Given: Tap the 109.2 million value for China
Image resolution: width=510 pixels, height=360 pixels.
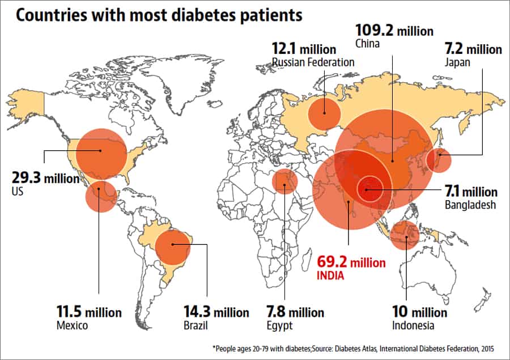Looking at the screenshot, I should click(x=394, y=31).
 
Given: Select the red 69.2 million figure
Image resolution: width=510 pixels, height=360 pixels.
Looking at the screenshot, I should click(x=351, y=263).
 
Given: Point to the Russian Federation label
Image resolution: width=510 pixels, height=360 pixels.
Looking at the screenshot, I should click(x=313, y=62).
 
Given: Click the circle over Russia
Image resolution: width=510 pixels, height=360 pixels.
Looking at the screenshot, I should click(x=324, y=114).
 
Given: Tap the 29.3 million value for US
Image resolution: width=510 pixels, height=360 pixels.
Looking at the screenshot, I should click(x=45, y=178).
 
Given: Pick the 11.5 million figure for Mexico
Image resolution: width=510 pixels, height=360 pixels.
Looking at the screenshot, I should click(x=88, y=312).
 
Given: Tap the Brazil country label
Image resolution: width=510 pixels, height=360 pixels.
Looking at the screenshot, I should click(x=195, y=325).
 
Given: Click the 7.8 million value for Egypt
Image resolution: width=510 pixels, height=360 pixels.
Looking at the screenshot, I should click(x=295, y=312).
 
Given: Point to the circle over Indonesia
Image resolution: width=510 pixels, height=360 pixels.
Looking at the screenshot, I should click(x=405, y=235).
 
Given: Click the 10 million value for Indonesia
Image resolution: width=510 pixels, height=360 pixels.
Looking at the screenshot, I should click(x=419, y=312).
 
